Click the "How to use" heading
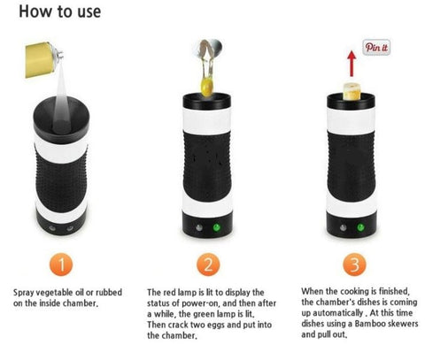pos(60,11)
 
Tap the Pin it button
pos(376,48)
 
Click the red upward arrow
pos(352,64)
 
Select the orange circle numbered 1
pos(61,264)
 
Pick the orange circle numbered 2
pos(208,264)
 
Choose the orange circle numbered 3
pos(354,264)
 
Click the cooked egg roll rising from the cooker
pos(352,91)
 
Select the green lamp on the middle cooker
pos(217,227)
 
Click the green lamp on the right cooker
pos(360,227)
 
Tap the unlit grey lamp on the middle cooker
pos(199,227)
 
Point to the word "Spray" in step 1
pos(23,293)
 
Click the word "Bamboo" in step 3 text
pos(370,324)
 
